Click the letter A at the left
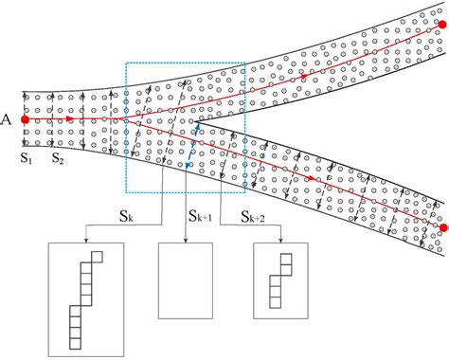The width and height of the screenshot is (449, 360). pyautogui.click(x=8, y=119)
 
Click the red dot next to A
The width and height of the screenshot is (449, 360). pyautogui.click(x=25, y=119)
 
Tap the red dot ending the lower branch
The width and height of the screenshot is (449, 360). pyautogui.click(x=442, y=228)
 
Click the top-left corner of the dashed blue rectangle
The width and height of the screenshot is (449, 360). pyautogui.click(x=126, y=64)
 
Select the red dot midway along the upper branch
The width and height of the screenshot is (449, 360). pyautogui.click(x=302, y=75)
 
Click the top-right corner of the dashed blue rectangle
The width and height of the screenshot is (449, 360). pyautogui.click(x=245, y=64)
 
